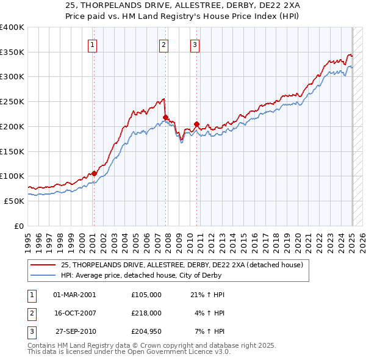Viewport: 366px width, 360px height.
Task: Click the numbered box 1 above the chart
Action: [x=93, y=44]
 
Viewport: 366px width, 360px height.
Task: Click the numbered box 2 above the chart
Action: [x=164, y=44]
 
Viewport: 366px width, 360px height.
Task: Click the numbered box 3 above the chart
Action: [x=195, y=44]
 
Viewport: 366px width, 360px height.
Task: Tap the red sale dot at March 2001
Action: [x=95, y=173]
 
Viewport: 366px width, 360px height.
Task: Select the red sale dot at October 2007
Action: [x=165, y=117]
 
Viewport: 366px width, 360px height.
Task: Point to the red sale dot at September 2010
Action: [x=196, y=124]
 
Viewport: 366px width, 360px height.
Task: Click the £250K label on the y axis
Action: [x=12, y=101]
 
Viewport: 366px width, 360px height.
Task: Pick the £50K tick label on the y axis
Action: [x=14, y=201]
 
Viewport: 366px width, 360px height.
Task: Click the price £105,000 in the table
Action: [x=146, y=295]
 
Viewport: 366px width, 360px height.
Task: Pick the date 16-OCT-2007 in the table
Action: [x=74, y=313]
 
